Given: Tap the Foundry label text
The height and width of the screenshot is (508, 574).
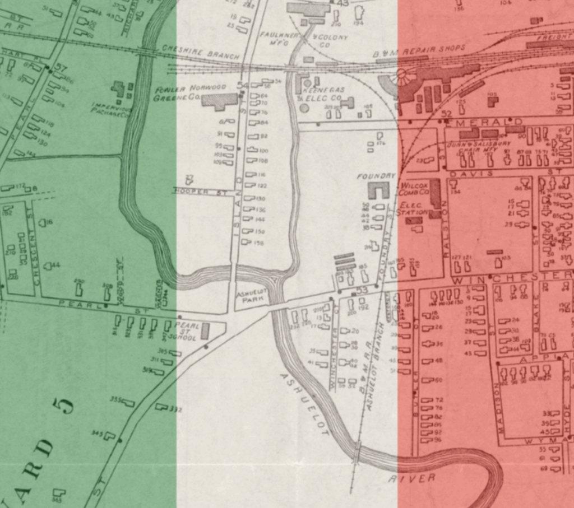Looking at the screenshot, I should [x=377, y=176].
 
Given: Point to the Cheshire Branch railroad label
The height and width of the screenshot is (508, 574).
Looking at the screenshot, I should [x=200, y=52].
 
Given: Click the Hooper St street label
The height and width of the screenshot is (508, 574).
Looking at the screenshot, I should [x=200, y=192].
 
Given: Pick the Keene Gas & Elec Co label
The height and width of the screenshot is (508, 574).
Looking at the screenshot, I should [x=323, y=93].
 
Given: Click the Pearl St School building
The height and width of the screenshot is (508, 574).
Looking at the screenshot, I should [x=205, y=330].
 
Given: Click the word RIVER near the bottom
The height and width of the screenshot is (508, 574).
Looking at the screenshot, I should [x=411, y=478].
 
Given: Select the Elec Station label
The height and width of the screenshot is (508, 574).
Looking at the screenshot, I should [x=411, y=209].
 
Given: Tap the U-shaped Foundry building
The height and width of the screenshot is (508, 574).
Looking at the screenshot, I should [x=378, y=190].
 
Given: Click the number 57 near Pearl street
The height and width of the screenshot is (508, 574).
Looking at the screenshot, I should [x=61, y=69].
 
